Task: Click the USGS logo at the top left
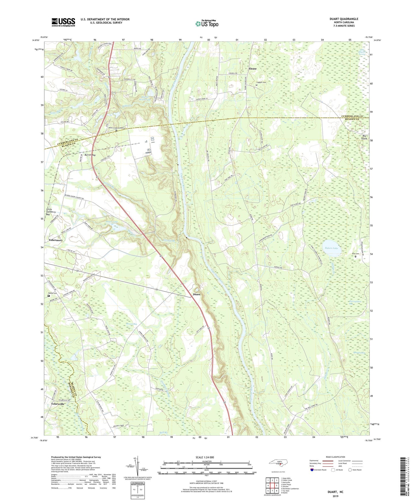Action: pos(63,22)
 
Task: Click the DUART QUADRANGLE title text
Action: pos(344,19)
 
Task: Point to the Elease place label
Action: pos(252,69)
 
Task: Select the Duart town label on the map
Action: pos(197,294)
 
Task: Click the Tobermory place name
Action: pos(56,240)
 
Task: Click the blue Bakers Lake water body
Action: pos(331,248)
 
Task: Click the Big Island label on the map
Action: pos(364,137)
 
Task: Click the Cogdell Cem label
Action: pos(260,82)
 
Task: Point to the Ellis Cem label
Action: pos(356,254)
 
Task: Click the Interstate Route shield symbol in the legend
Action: pos(312,470)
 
